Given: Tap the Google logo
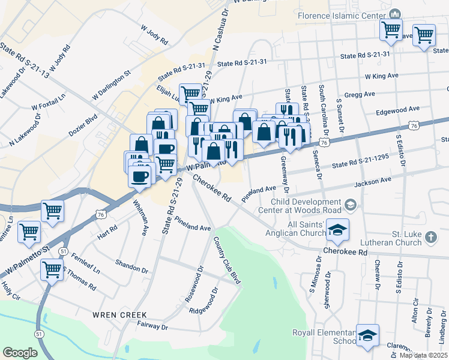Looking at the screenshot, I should coord(20,353).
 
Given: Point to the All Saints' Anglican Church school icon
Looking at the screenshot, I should coord(338,230).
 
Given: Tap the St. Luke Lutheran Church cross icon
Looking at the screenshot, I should coord(430,238).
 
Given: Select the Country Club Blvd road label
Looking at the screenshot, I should coord(227,260).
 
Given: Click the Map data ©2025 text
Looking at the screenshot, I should coord(424,355).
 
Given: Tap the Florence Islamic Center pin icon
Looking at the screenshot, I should coord(395,13).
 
